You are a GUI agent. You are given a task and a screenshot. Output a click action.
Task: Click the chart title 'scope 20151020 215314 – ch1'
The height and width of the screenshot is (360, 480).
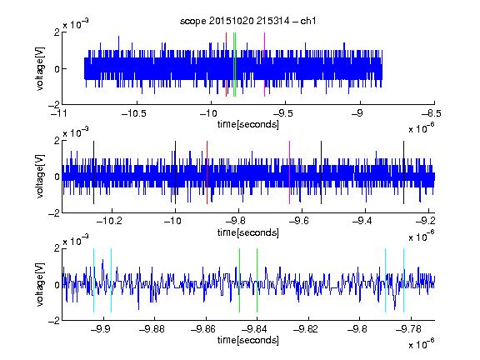pyautogui.click(x=248, y=21)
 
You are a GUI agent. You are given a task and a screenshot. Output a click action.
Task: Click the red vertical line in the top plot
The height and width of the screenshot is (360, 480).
pyautogui.click(x=226, y=65)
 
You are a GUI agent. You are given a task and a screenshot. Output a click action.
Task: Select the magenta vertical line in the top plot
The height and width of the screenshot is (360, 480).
pyautogui.click(x=264, y=65)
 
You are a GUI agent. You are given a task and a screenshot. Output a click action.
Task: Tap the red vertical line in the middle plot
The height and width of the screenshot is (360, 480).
pyautogui.click(x=207, y=172)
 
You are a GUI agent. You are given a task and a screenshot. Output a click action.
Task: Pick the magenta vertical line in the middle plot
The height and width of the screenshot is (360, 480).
pyautogui.click(x=290, y=172)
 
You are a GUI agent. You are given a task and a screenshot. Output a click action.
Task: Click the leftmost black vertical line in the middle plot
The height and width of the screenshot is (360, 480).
pyautogui.click(x=93, y=172)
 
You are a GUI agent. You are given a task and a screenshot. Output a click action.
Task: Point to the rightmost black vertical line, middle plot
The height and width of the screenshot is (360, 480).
pyautogui.click(x=404, y=172)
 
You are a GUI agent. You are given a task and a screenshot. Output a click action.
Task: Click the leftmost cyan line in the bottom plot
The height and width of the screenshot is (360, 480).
pyautogui.click(x=93, y=280)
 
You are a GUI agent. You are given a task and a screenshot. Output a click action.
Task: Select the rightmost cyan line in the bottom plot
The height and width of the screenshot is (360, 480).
pyautogui.click(x=404, y=280)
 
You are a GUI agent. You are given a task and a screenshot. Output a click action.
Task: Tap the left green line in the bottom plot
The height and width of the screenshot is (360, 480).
pyautogui.click(x=240, y=280)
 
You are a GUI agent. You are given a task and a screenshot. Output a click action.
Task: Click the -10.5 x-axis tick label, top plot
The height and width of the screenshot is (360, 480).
pyautogui.click(x=134, y=113)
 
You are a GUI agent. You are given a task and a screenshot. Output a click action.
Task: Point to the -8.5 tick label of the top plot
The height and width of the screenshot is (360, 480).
pyautogui.click(x=432, y=113)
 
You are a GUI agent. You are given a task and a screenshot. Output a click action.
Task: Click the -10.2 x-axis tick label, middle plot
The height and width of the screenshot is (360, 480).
pyautogui.click(x=109, y=221)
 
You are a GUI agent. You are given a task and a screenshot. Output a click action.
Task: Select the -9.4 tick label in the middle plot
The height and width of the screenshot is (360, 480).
pyautogui.click(x=362, y=221)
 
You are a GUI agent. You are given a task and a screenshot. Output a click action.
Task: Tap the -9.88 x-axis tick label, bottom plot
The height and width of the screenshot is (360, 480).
pyautogui.click(x=152, y=329)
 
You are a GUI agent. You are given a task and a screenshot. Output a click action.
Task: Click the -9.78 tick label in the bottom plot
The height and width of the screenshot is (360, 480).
pyautogui.click(x=408, y=329)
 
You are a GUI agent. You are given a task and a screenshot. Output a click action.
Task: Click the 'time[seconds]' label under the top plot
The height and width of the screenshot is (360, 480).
pyautogui.click(x=248, y=124)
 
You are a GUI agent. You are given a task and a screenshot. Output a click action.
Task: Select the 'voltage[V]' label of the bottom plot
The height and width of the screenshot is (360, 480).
pyautogui.click(x=40, y=284)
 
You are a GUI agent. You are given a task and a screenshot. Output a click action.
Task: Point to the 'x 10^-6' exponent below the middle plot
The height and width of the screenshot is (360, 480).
pyautogui.click(x=422, y=236)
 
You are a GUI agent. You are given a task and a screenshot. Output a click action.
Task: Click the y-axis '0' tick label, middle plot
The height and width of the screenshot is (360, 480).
pyautogui.click(x=57, y=177)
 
